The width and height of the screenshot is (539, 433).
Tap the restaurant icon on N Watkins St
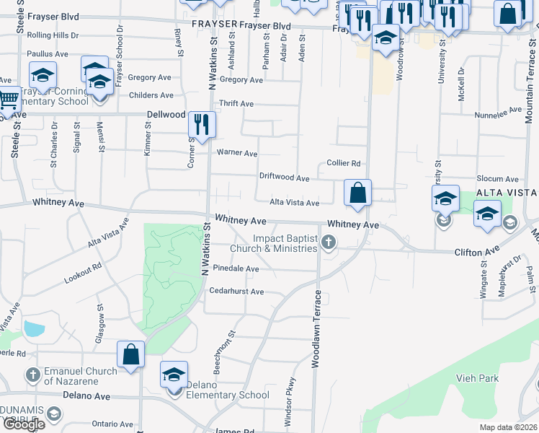tap(202, 124)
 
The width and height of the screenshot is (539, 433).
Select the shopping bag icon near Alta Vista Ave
tap(357, 193)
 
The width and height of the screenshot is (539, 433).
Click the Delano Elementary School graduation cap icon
tap(174, 375)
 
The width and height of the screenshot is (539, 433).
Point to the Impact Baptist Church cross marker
tap(329, 242)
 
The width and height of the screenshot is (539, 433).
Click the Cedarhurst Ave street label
tap(236, 292)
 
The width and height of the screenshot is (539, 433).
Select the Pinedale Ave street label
tap(236, 268)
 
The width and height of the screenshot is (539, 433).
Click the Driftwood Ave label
tap(284, 178)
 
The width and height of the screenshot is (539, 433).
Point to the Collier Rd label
tap(343, 164)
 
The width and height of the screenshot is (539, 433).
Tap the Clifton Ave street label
tap(476, 252)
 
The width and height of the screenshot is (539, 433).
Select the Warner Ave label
tap(237, 154)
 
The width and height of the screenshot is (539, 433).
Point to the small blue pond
tap(33, 329)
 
